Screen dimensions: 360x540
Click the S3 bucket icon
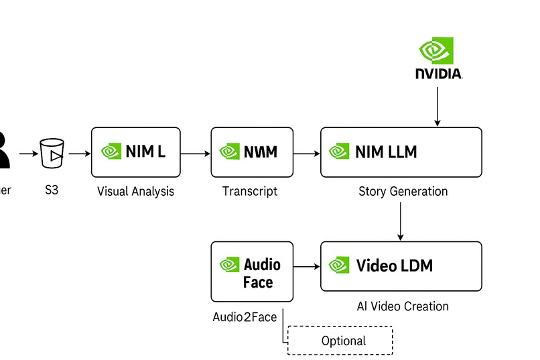pyautogui.click(x=52, y=154)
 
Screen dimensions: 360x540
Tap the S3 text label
pyautogui.click(x=52, y=190)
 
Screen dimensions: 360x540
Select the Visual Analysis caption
pyautogui.click(x=135, y=191)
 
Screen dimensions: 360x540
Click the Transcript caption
pyautogui.click(x=250, y=191)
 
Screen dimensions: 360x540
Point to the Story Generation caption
pyautogui.click(x=403, y=191)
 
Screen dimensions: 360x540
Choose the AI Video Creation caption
pyautogui.click(x=403, y=306)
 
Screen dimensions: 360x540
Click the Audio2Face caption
pyautogui.click(x=245, y=316)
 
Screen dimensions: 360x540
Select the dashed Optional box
pyautogui.click(x=340, y=340)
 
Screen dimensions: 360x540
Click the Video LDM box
pyautogui.click(x=401, y=266)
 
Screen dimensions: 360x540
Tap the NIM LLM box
pyautogui.click(x=401, y=152)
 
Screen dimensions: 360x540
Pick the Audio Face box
pyautogui.click(x=252, y=272)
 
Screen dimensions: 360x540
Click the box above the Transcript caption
pyautogui.click(x=252, y=152)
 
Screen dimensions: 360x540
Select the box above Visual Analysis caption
pyautogui.click(x=135, y=152)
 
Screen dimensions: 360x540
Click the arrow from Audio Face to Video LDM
pyautogui.click(x=307, y=267)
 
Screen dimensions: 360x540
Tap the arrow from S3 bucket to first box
pyautogui.click(x=78, y=154)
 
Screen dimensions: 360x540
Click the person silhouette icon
pyautogui.click(x=3, y=151)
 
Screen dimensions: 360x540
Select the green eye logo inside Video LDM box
pyautogui.click(x=340, y=265)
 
